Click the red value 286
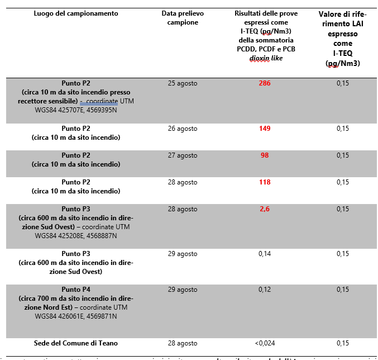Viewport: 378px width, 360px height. [x=265, y=83]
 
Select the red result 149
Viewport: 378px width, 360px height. [x=265, y=129]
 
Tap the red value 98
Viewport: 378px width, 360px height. [x=265, y=155]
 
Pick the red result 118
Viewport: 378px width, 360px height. [x=265, y=182]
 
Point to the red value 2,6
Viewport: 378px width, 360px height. [x=265, y=209]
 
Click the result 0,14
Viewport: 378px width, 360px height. [x=265, y=254]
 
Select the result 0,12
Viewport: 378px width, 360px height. [x=265, y=290]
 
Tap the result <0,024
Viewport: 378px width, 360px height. [x=265, y=343]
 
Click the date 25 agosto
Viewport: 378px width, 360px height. [x=183, y=83]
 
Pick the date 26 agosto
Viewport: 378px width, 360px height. [x=183, y=129]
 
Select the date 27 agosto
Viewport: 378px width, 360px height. [x=183, y=155]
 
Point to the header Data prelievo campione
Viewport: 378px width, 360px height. [x=183, y=17]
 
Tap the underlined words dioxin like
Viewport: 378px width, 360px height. [x=265, y=58]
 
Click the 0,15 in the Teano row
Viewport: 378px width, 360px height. [x=343, y=343]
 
